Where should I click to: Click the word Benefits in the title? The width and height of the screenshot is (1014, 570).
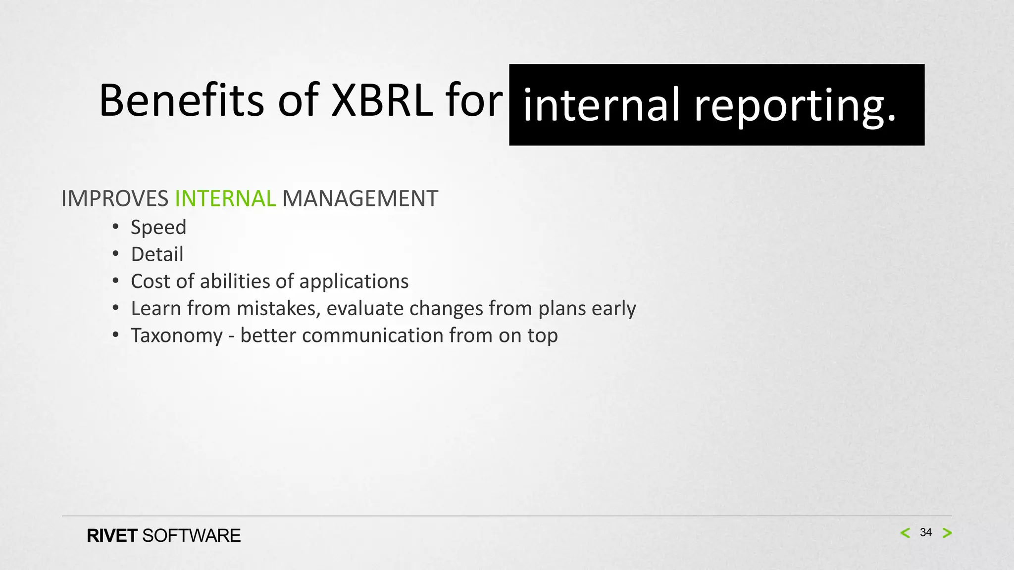point(181,101)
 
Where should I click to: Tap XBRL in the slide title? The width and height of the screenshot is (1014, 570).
point(382,101)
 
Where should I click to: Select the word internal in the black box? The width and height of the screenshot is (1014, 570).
point(601,105)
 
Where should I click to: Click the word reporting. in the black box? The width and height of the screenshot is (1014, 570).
point(795,105)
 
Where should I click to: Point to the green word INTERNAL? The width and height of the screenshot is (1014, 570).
point(225,199)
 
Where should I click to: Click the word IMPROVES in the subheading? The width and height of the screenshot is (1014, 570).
point(115,199)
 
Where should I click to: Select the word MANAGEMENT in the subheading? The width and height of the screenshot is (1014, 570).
point(360,199)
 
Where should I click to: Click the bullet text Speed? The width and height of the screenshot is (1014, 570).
point(158,228)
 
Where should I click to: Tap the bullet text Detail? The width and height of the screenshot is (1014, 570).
point(157,254)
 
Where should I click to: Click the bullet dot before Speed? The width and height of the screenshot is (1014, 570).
point(115,227)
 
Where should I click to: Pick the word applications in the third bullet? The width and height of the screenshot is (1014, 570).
point(354,282)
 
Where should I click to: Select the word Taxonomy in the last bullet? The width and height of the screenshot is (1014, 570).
point(177,336)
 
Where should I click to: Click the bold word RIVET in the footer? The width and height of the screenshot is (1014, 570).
point(112,536)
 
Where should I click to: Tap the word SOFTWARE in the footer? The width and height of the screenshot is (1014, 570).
point(191,536)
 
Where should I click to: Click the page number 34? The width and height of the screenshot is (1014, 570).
point(925,532)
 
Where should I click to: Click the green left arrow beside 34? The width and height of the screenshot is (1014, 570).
point(905,533)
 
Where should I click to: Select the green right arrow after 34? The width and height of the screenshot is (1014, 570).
point(947,533)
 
